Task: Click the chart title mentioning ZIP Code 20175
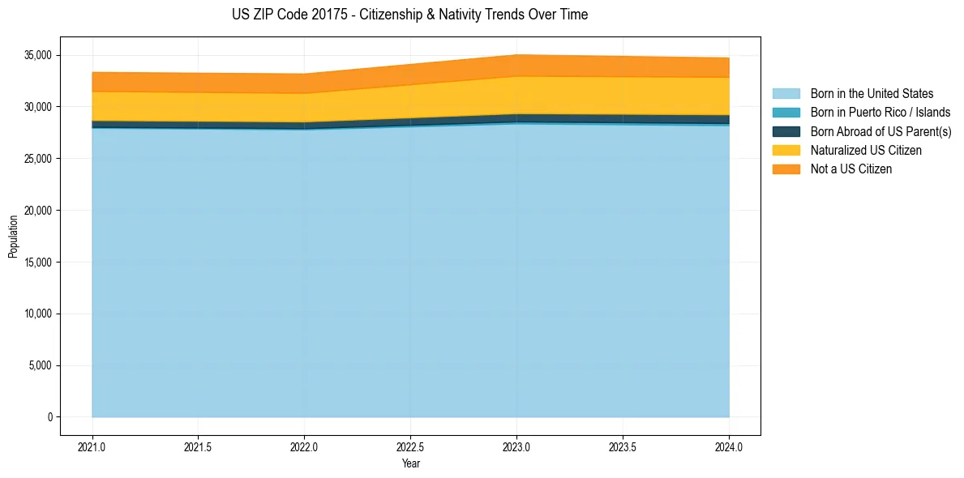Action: [x=409, y=15]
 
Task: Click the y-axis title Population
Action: [x=13, y=237]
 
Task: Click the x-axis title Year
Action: [x=410, y=463]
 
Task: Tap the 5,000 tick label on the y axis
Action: [x=39, y=365]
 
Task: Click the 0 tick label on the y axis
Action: [x=49, y=417]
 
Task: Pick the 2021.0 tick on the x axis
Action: [x=92, y=446]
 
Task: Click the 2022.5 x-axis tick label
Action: [x=410, y=446]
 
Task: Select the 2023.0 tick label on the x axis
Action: [x=516, y=446]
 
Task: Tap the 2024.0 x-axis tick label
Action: [x=729, y=446]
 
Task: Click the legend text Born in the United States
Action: [x=872, y=94]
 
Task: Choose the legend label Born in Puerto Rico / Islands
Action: [x=880, y=113]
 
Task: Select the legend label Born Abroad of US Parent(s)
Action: [x=880, y=131]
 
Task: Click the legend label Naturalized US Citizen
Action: [x=866, y=151]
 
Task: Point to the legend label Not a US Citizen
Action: [x=851, y=169]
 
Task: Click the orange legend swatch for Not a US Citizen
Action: [x=786, y=169]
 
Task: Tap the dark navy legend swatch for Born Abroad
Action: [x=786, y=131]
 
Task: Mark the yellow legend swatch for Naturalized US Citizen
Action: [x=786, y=151]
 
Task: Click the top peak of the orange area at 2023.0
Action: [x=516, y=55]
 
